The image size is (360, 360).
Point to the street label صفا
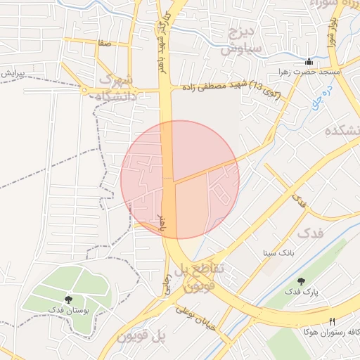click(105, 44)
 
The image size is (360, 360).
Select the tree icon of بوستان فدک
click(67, 300)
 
